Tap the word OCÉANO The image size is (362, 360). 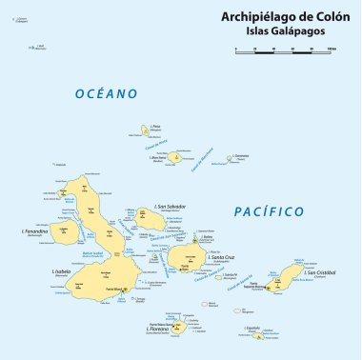(x=107, y=93)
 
